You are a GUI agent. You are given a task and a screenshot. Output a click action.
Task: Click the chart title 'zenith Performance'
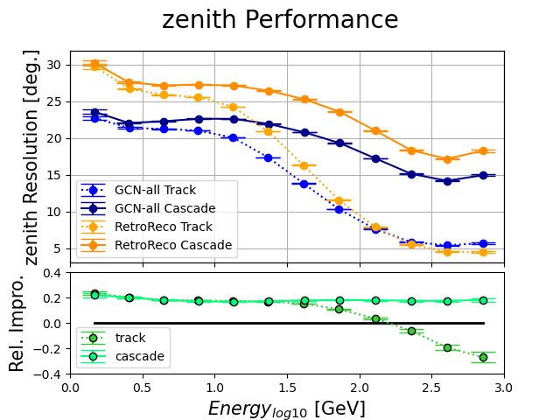point(280,20)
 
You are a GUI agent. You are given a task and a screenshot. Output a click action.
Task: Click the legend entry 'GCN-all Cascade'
point(160,208)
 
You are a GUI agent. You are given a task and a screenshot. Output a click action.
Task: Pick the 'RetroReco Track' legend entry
point(160,227)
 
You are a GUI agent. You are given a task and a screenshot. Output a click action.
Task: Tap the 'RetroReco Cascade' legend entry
point(166,245)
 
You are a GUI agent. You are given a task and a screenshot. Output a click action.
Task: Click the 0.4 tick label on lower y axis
point(54,273)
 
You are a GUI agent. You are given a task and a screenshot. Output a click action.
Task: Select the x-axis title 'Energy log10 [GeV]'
point(287,409)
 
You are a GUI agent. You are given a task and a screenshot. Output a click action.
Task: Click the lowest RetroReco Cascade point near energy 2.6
point(447,159)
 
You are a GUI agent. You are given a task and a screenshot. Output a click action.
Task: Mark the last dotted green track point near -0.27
point(483,357)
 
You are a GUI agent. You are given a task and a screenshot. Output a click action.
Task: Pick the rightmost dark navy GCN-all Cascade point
point(483,175)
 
